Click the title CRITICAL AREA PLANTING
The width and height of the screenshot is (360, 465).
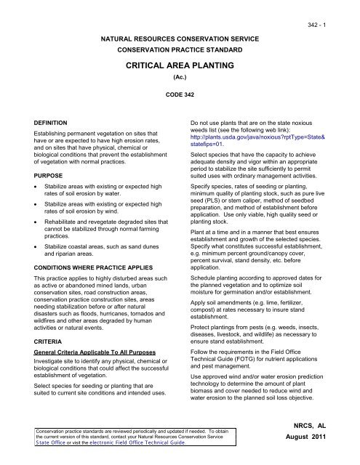180,65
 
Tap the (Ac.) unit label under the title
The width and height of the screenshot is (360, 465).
180,75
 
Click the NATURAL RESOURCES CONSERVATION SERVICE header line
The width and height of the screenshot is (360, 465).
180,34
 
